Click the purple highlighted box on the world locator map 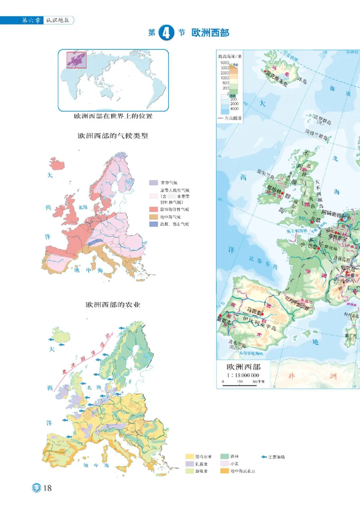76,60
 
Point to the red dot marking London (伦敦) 311,222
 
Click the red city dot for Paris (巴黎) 319,248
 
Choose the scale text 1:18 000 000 243,375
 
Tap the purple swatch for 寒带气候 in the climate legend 154,183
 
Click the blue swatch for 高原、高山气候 154,224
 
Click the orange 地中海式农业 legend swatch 225,471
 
